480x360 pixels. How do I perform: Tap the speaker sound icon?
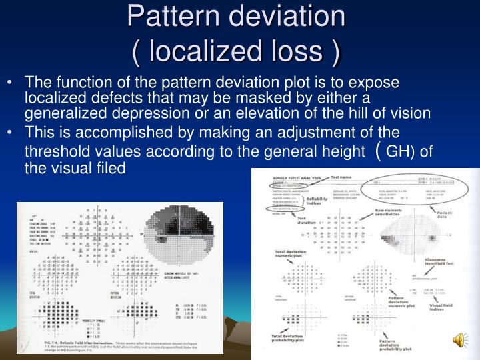459,341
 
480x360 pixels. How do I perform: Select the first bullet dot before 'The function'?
14,83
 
